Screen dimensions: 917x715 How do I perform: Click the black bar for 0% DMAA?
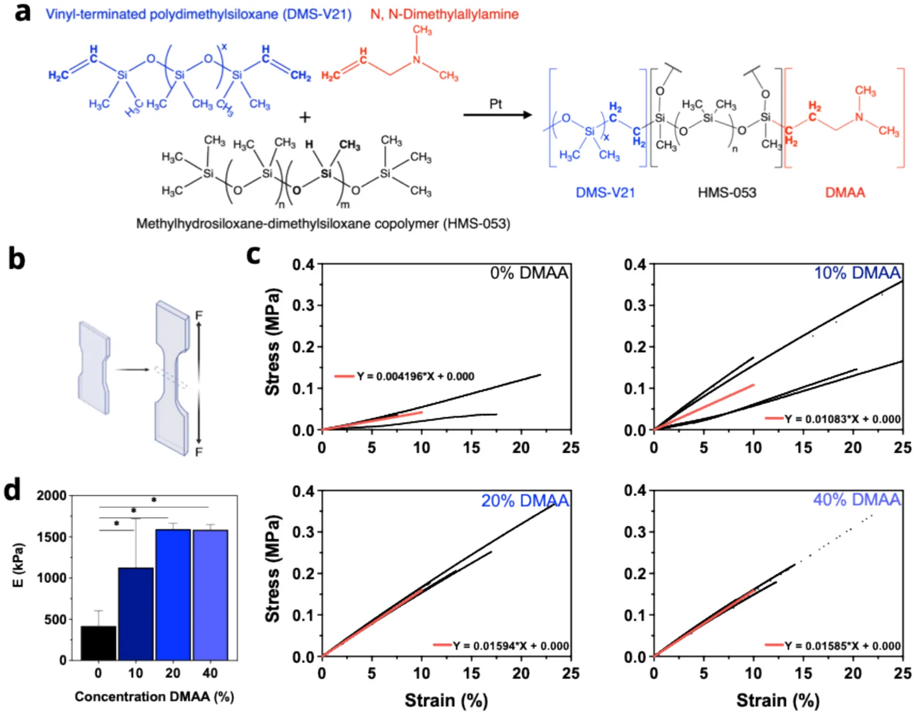click(98, 643)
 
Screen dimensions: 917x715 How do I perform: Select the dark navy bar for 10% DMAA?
click(135, 613)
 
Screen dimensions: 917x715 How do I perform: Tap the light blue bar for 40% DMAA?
click(210, 595)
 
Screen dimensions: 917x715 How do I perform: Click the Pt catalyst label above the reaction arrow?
click(495, 104)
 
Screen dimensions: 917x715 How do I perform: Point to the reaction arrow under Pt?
click(498, 115)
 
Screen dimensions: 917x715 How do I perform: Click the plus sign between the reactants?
click(305, 117)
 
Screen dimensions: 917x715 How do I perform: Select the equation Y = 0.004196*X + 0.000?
click(416, 376)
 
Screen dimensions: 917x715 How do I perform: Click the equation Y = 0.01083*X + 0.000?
click(842, 419)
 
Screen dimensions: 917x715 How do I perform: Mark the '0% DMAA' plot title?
click(529, 273)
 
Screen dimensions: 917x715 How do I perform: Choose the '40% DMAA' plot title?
click(857, 500)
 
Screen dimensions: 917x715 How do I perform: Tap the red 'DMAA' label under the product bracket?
click(845, 193)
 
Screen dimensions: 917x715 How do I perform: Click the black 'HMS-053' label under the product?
click(727, 193)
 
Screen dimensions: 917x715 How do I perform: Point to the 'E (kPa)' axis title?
click(18, 565)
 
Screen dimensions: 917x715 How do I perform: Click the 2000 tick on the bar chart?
click(52, 496)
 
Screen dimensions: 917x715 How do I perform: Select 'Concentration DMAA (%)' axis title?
click(154, 697)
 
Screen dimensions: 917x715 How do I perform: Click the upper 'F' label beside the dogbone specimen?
click(199, 315)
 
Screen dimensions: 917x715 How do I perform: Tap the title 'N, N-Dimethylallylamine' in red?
click(444, 14)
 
